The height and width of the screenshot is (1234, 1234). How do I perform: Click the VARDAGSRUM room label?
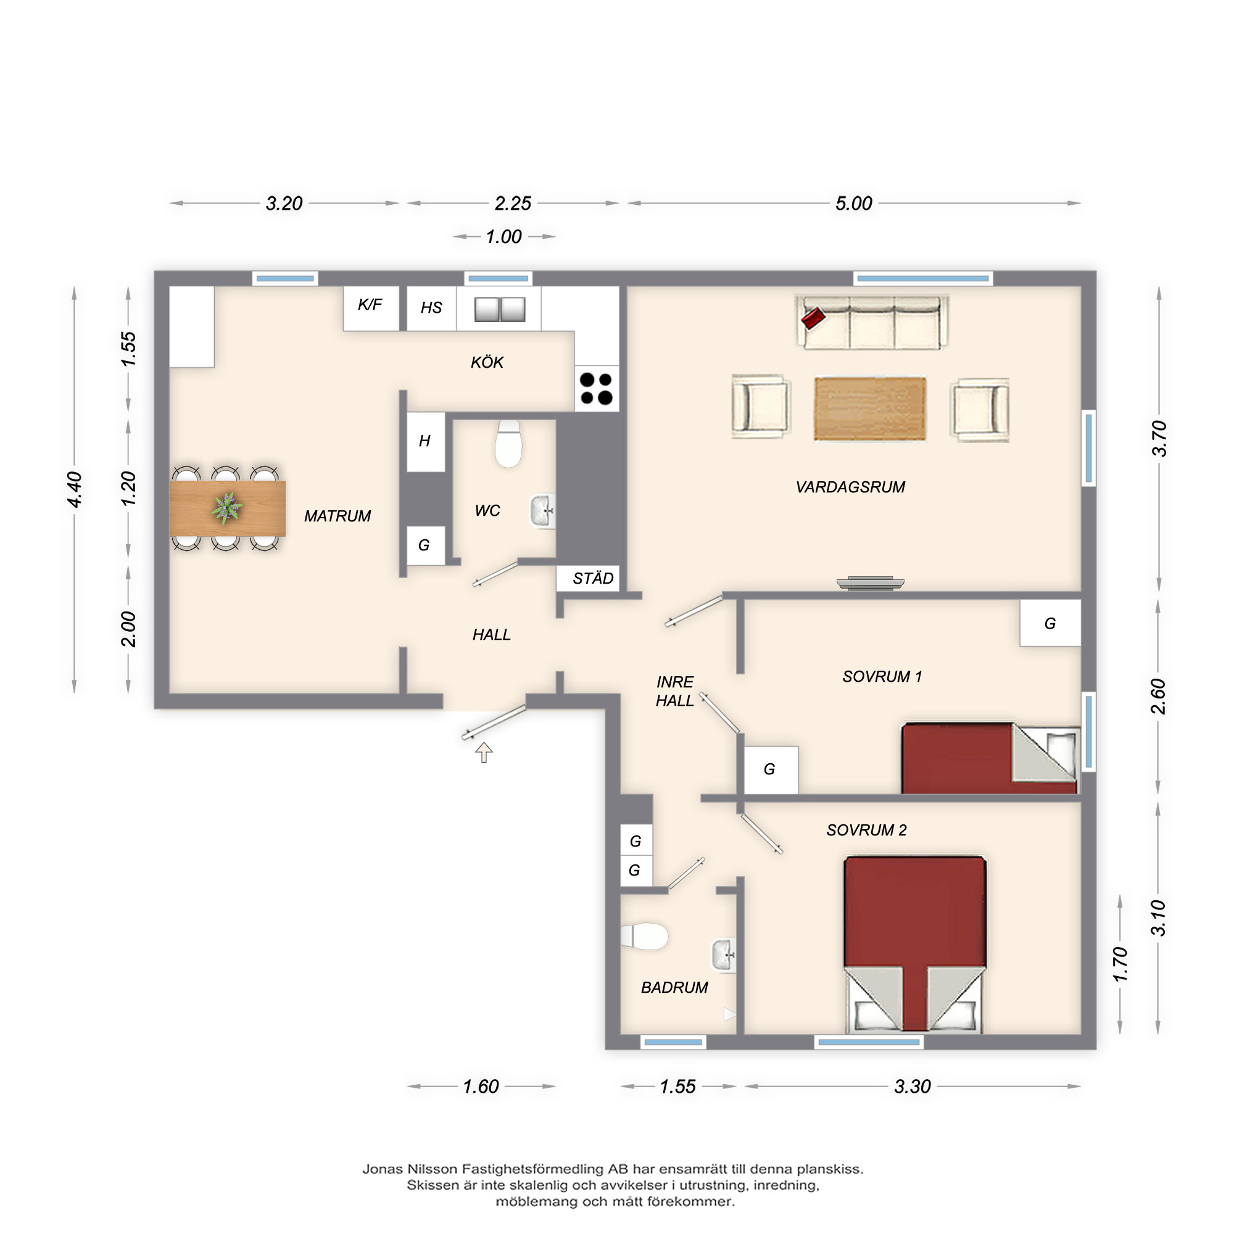850,487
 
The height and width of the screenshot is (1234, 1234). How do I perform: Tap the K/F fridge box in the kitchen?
371,308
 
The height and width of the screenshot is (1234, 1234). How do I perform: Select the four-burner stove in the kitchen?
597,389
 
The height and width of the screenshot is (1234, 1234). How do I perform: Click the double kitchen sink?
500,310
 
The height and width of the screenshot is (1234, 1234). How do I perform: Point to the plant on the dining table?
226,508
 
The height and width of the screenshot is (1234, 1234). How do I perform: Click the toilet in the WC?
508,443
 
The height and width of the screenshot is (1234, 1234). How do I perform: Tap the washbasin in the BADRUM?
724,956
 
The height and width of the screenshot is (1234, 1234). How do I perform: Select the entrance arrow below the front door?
484,752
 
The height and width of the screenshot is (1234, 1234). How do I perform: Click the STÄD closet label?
593,579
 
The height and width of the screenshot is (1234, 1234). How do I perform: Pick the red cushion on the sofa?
813,317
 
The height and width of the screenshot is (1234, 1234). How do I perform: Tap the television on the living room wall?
871,583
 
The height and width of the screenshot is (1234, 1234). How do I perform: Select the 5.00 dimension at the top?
854,204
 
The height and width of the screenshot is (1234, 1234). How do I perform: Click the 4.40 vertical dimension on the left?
75,489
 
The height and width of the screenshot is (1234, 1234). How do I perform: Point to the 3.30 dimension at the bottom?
912,1087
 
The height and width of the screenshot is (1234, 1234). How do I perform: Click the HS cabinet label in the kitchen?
431,308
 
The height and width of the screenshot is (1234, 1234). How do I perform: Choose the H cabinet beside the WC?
425,442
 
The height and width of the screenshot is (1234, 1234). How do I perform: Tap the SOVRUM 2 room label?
866,830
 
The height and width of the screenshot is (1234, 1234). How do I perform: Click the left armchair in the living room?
760,407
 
